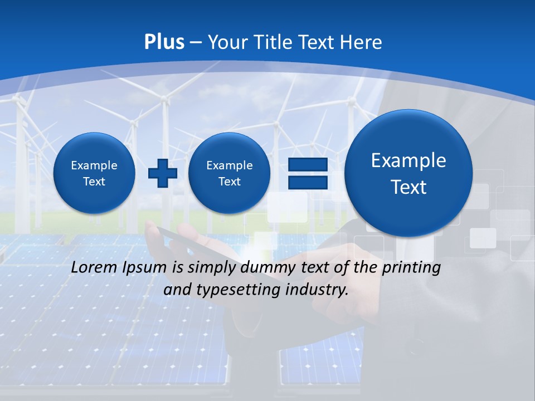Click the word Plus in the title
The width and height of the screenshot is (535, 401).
[x=164, y=42]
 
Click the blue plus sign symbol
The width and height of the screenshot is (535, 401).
[x=162, y=173]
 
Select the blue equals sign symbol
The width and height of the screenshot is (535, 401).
[x=307, y=173]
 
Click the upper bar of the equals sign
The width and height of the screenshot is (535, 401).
[x=307, y=165]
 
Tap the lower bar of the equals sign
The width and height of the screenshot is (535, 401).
[x=307, y=182]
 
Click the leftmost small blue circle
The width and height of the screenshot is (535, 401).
[x=94, y=173]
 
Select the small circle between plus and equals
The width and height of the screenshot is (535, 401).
[x=229, y=173]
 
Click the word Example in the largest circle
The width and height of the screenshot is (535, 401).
[x=408, y=160]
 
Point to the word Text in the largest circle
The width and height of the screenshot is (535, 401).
[x=408, y=187]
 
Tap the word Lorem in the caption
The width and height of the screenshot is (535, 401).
[x=95, y=267]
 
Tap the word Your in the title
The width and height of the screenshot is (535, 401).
[x=227, y=42]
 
